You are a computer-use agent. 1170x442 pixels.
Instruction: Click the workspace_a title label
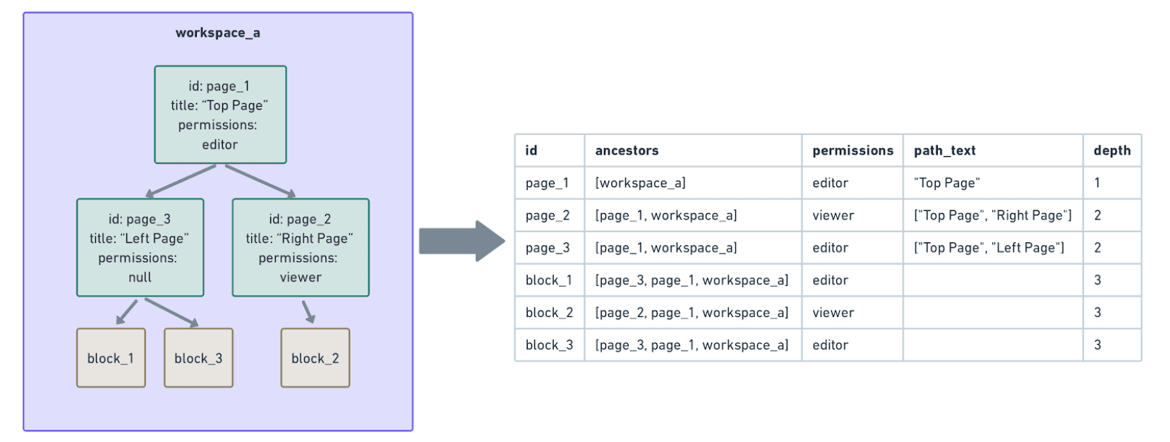(217, 33)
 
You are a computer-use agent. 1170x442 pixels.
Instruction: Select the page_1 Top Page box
(220, 114)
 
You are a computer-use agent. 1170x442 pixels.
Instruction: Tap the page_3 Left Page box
(140, 247)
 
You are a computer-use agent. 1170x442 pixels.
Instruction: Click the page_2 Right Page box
(300, 247)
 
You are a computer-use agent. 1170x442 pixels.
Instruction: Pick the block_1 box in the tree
(111, 358)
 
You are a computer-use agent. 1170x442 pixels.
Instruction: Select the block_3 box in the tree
(198, 358)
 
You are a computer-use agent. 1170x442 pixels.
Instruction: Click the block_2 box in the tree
(315, 358)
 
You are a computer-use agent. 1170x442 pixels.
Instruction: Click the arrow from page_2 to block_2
(308, 311)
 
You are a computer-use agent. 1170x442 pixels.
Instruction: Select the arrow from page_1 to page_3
(181, 181)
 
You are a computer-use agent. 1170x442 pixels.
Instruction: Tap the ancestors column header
(627, 150)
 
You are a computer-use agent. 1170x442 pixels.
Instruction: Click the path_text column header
(944, 150)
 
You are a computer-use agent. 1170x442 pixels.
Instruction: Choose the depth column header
(1111, 150)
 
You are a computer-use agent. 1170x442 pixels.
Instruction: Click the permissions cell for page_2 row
(833, 215)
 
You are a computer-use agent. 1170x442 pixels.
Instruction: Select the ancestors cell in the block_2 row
(692, 313)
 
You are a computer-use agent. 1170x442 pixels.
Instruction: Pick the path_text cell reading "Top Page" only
(946, 183)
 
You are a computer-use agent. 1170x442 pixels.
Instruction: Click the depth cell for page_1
(1097, 183)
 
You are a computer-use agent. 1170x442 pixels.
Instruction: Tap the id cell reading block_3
(549, 345)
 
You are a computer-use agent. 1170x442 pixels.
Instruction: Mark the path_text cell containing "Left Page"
(989, 248)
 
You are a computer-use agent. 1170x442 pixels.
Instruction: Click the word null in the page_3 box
(140, 277)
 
